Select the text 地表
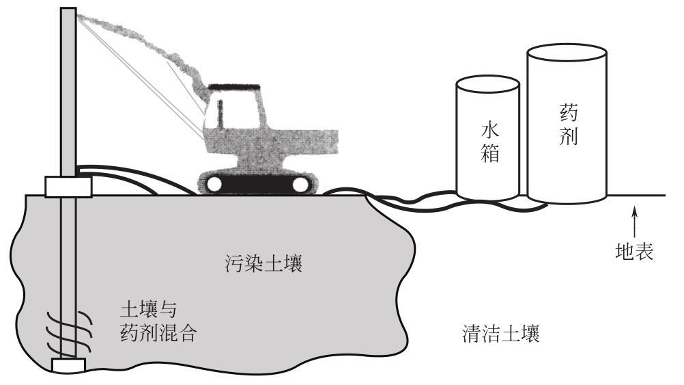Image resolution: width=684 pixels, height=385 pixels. click(x=635, y=252)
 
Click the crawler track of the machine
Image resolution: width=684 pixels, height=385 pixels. click(x=258, y=183)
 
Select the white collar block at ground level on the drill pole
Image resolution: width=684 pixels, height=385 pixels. click(x=67, y=186)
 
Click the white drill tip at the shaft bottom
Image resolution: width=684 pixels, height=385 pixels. click(x=67, y=365)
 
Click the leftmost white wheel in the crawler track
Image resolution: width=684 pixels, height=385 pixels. click(x=214, y=184)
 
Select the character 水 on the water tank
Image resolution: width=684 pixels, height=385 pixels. click(x=487, y=130)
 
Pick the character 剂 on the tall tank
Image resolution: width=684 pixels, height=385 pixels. click(x=568, y=137)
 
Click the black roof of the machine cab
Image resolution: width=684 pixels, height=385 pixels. click(x=233, y=87)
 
